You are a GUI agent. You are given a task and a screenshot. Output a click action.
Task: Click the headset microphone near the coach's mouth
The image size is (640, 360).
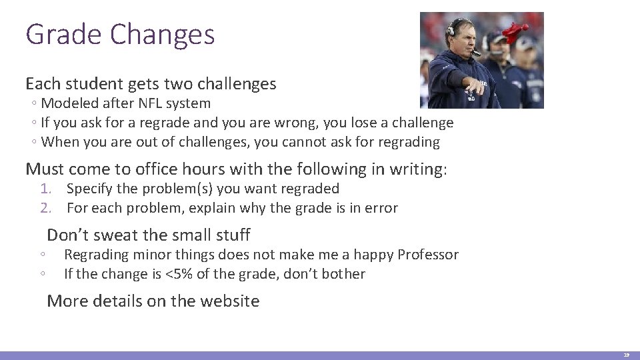pyautogui.click(x=477, y=53)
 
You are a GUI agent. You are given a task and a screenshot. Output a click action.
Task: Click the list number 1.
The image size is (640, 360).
pyautogui.click(x=45, y=189)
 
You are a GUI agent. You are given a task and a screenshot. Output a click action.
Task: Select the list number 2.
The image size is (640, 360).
pyautogui.click(x=45, y=208)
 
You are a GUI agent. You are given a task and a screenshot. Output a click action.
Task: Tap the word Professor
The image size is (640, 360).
pyautogui.click(x=428, y=255)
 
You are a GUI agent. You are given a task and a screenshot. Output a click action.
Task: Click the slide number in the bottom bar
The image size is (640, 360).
pyautogui.click(x=626, y=355)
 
